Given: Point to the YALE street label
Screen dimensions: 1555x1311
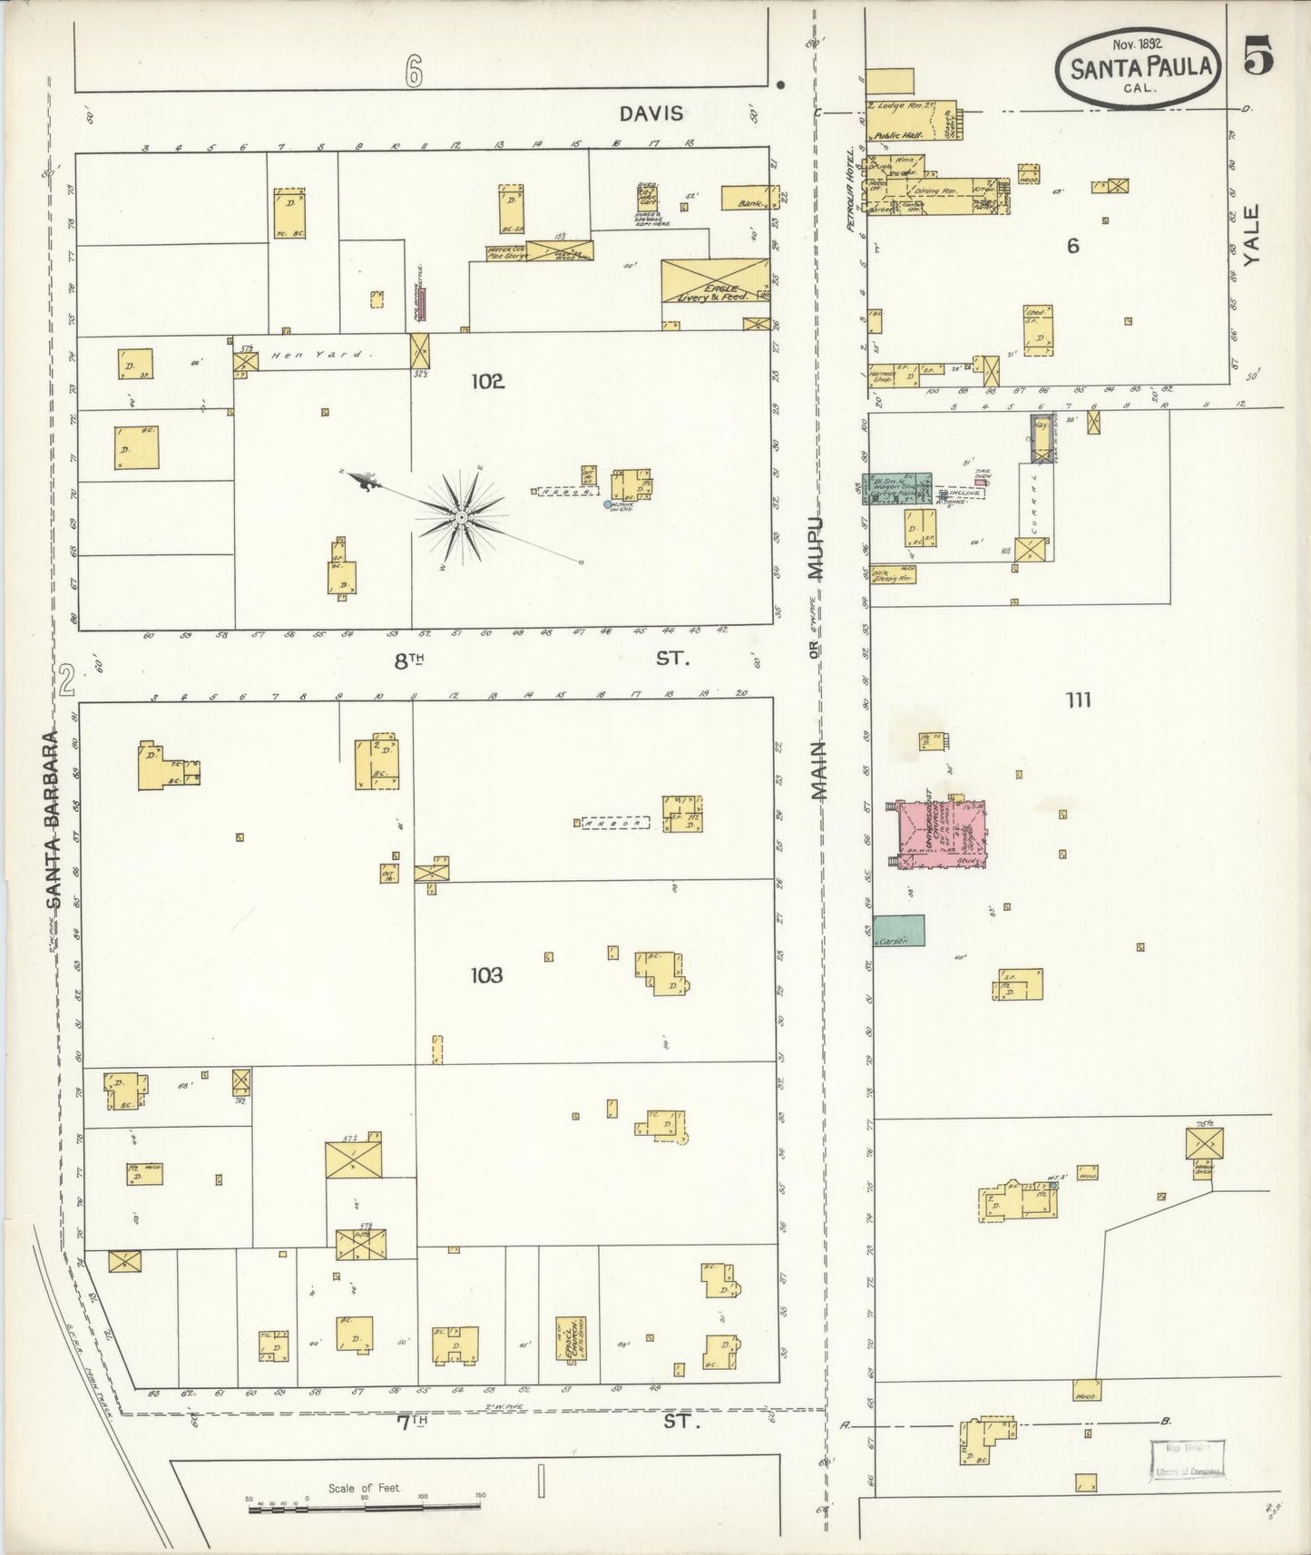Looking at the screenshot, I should (1252, 235).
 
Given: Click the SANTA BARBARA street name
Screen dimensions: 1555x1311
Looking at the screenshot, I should (54, 817).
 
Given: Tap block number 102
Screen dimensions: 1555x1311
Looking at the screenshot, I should (486, 382).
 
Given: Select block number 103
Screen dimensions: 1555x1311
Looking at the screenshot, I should (486, 975).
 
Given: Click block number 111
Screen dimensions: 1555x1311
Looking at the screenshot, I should (1079, 699).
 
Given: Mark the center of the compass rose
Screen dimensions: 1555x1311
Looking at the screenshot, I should (462, 517).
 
